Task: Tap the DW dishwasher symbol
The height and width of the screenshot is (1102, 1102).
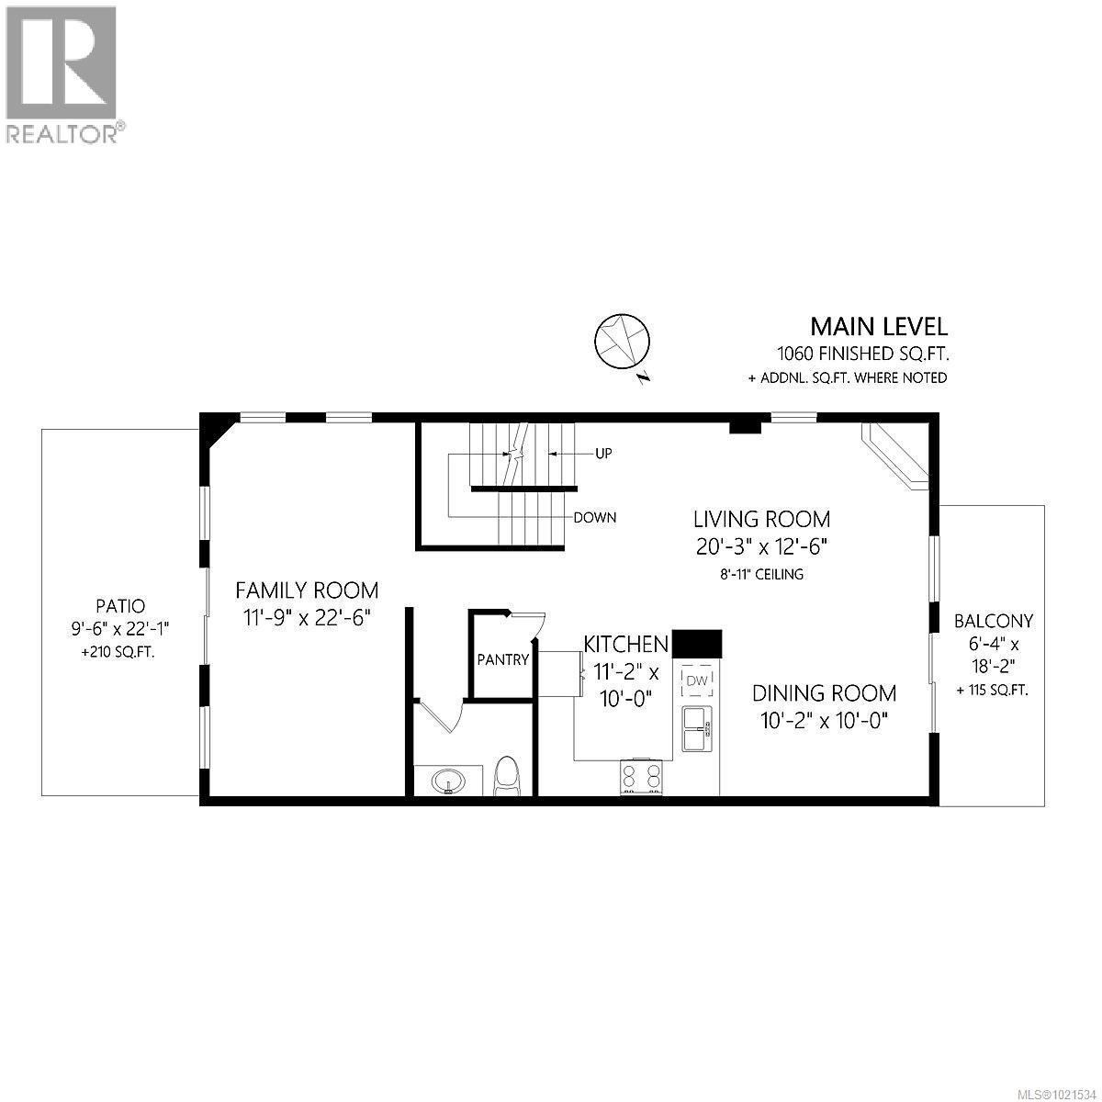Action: click(696, 680)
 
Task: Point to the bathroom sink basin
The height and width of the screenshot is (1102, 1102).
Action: click(449, 782)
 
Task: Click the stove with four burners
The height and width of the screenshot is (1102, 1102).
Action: click(641, 777)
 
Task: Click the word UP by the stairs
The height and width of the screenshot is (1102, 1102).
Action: click(602, 453)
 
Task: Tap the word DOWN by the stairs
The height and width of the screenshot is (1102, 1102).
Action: click(595, 517)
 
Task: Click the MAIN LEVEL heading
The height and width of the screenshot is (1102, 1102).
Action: click(878, 326)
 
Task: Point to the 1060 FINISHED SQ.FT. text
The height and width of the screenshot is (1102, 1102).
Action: click(862, 354)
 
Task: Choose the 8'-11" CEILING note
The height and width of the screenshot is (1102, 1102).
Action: click(762, 575)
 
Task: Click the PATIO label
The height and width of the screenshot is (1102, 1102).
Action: click(120, 606)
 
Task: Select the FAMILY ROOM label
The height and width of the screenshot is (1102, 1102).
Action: click(307, 590)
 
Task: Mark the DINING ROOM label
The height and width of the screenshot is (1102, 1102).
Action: click(825, 693)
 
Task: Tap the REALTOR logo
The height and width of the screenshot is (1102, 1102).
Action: click(62, 73)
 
